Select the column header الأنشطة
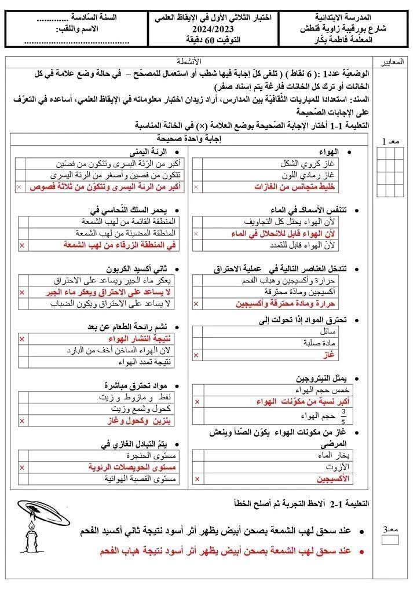tap(189, 61)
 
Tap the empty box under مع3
tap(391, 540)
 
